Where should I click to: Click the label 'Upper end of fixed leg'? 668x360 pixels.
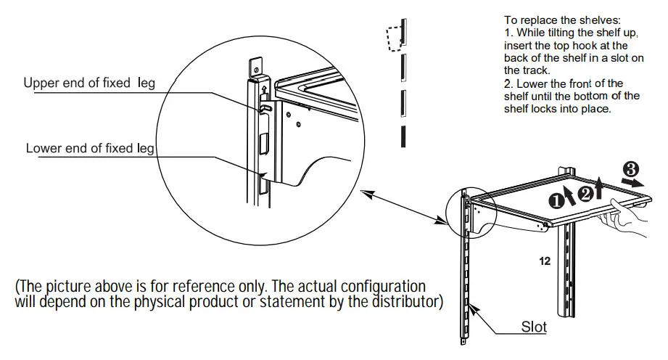coord(88,83)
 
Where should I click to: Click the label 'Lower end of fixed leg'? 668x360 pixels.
coord(89,148)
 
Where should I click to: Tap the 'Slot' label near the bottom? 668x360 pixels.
coord(535,327)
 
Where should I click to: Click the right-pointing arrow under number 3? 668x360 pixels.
coord(630,184)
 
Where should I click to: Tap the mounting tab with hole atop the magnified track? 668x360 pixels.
coord(255,67)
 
